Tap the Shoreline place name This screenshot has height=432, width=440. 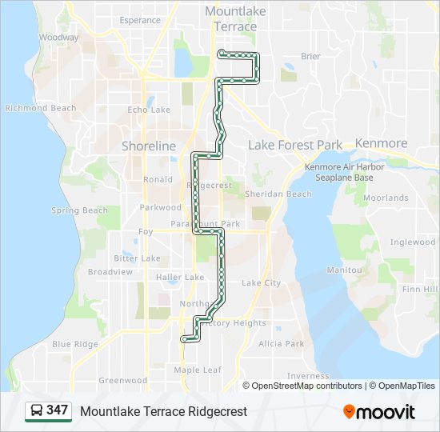pos(148,146)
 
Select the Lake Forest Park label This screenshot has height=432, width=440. pos(295,145)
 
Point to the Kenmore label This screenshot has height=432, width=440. pos(382,143)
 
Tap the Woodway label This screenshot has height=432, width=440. pos(58,37)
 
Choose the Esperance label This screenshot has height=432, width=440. pos(139,20)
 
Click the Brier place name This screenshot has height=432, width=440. pos(310,56)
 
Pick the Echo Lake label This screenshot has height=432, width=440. pos(149,110)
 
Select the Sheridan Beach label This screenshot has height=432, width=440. pos(278,194)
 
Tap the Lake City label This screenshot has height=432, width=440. pos(261,282)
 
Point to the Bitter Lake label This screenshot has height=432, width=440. pos(137,258)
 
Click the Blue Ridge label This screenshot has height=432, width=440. pos(75,344)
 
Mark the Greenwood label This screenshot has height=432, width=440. pos(122,380)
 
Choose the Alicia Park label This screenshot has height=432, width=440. pos(281,343)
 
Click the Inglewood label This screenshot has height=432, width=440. pos(413,242)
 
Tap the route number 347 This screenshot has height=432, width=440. pos(57,410)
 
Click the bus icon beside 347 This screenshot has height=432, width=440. pos(37,411)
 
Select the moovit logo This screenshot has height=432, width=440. pos(379,411)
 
